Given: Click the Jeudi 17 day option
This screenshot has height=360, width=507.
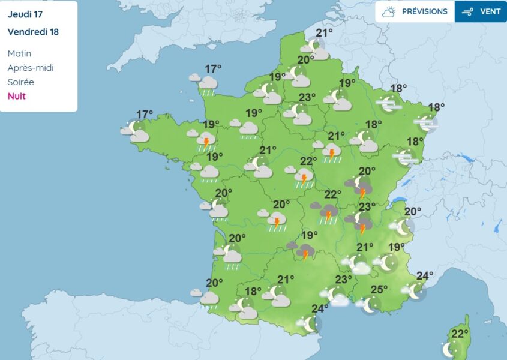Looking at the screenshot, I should coord(25,13).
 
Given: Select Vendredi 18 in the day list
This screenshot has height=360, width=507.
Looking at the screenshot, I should coord(33,31).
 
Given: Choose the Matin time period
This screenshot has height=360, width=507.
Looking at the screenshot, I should coord(19,53).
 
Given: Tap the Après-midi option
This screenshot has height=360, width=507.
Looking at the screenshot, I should coord(30,68).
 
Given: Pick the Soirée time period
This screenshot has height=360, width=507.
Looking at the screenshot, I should coord(20,82).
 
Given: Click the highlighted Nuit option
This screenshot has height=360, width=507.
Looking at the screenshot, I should coord(16,96).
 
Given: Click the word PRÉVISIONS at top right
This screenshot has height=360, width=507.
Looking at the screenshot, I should coord(424,11).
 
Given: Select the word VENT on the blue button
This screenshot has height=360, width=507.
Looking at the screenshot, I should coord(490,11).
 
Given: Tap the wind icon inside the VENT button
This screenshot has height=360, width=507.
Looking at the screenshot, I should coord(469,11).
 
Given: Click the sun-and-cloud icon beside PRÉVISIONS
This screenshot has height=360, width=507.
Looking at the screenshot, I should coord(389,11).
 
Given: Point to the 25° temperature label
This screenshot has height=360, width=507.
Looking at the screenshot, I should coord(379,290).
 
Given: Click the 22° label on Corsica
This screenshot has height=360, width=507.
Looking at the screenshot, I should coord(460,334).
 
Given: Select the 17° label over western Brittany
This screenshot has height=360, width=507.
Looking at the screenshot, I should coord(144,114).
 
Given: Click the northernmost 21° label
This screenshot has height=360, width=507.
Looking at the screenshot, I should coord(324,33).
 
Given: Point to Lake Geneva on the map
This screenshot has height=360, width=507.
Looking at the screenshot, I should coord(398,202).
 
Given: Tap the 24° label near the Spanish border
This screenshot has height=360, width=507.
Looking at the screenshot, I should coord(320,309).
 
